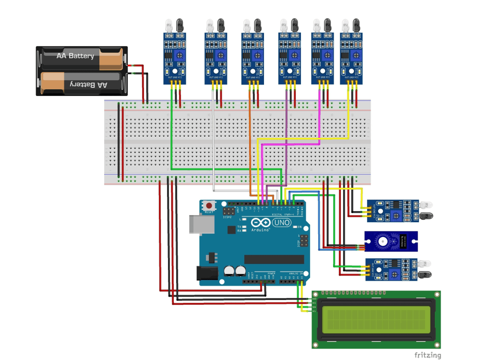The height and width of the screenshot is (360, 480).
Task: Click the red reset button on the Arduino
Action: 209,205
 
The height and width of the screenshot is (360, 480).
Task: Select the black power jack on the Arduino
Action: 206,273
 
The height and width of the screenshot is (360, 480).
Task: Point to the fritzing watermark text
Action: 428,355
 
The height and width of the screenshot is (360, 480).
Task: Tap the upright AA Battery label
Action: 75,56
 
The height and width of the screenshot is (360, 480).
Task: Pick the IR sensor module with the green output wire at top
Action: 175,58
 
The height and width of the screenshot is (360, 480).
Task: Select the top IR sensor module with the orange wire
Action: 252,58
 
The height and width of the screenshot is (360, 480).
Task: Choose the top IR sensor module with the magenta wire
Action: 323,58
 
